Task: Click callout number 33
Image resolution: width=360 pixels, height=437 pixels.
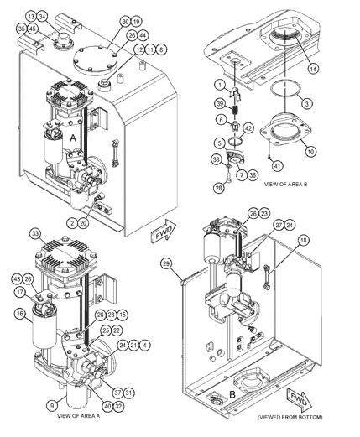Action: point(34,232)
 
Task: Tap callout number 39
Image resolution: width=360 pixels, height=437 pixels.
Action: point(218,102)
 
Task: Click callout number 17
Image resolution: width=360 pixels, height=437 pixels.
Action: point(19,291)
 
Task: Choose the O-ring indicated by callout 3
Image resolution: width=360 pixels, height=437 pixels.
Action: point(284,92)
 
